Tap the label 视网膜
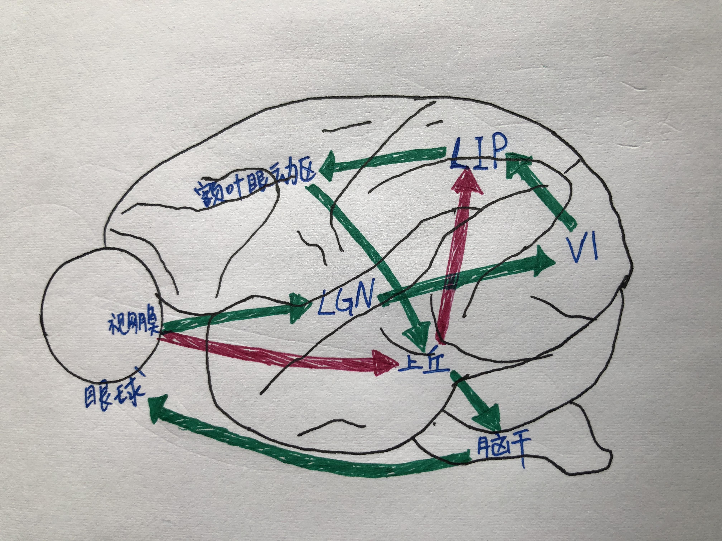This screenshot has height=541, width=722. coord(132,323)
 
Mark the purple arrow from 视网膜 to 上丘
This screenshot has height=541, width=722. coord(277,354)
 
